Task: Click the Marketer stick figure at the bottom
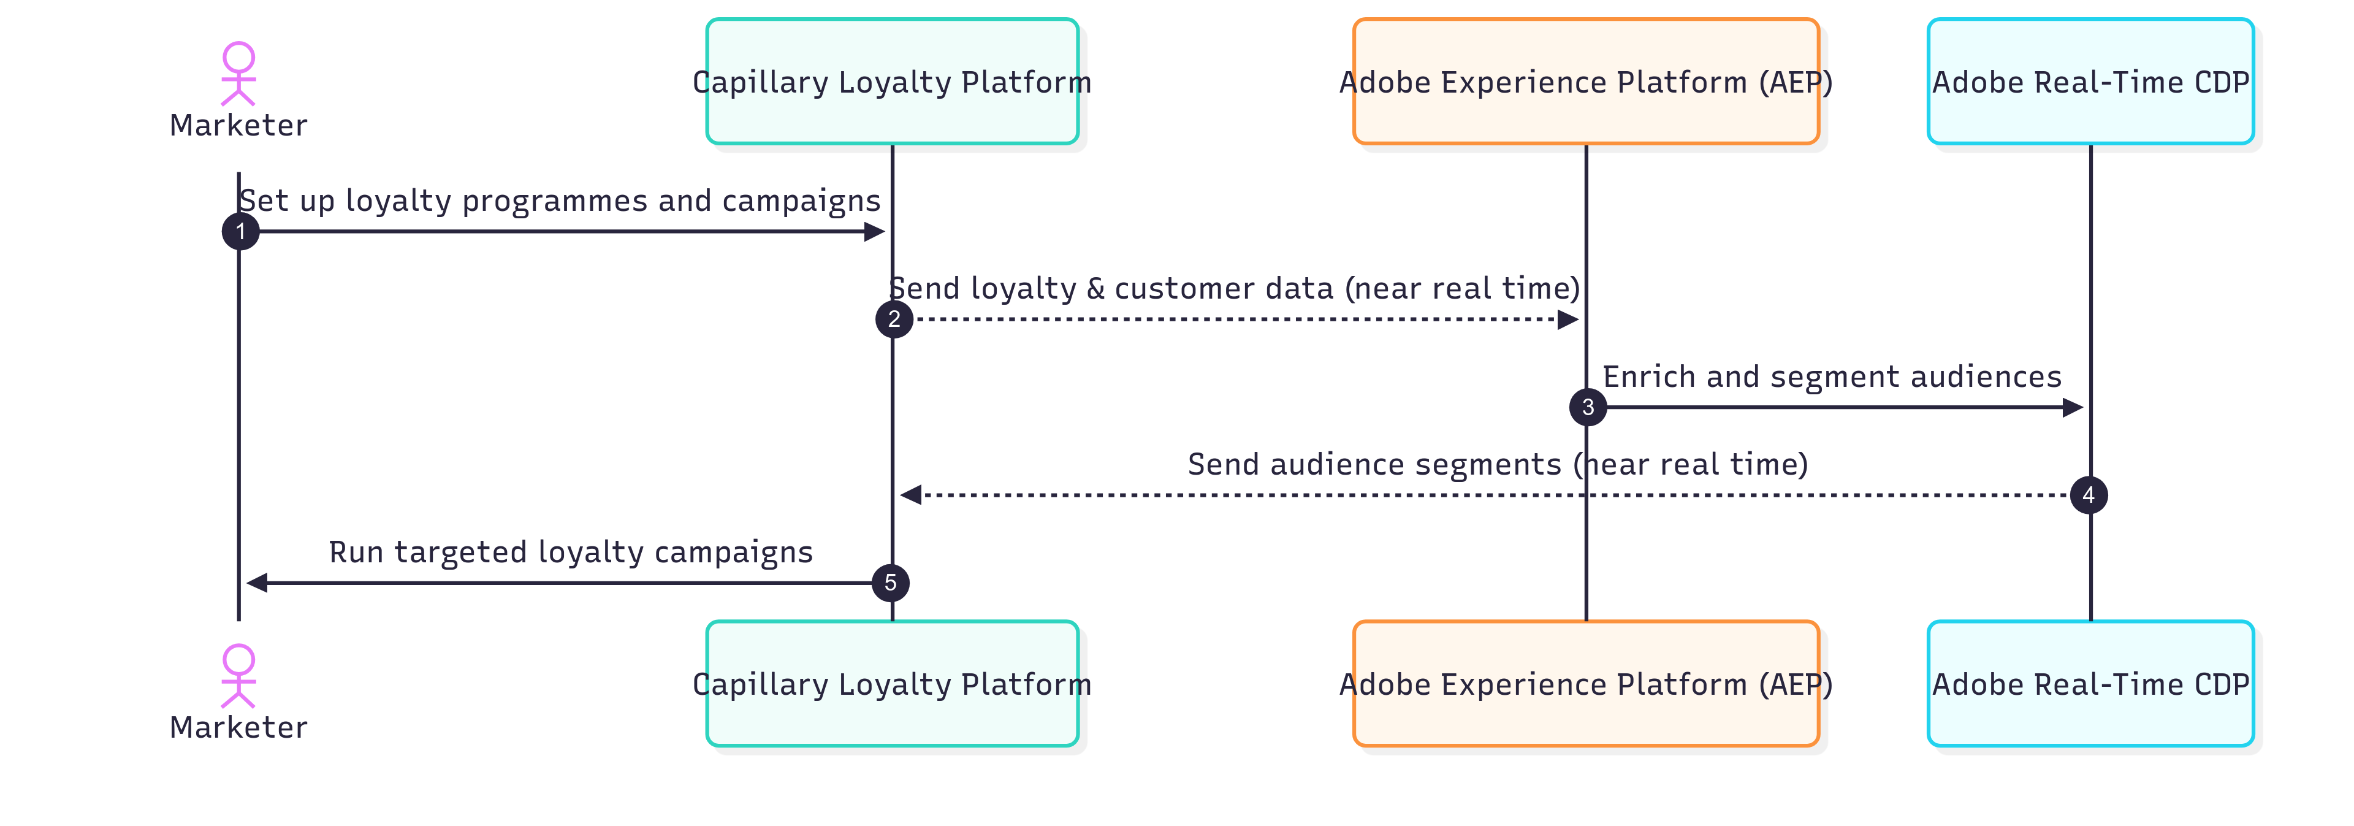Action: point(238,677)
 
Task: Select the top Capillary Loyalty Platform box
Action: point(892,82)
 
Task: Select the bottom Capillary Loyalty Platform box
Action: point(892,684)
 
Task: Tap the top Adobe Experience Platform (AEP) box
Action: point(1585,82)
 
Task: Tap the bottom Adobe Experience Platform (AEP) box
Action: point(1585,684)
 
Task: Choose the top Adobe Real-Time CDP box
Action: point(2090,82)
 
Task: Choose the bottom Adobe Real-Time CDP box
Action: point(2090,684)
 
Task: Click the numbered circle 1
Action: point(240,231)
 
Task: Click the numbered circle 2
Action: point(894,319)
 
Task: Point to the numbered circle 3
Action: point(1587,407)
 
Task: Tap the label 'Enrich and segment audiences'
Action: point(1832,377)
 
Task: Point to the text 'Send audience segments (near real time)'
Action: point(1498,464)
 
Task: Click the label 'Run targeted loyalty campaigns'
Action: point(570,552)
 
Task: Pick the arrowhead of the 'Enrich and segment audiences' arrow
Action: point(2073,407)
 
